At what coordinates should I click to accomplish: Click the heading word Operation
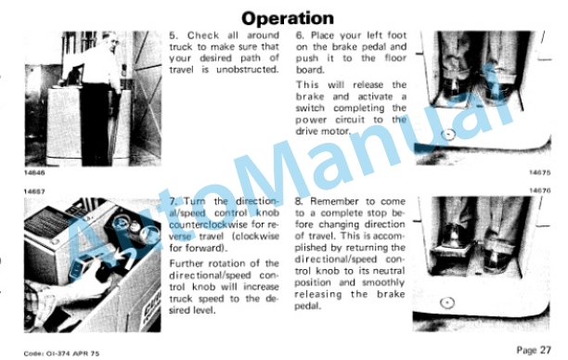tap(288, 19)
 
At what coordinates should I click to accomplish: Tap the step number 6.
tap(300, 35)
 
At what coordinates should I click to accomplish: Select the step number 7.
tap(174, 201)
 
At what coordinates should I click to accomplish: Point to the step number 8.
tap(299, 201)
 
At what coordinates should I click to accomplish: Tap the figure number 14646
tap(34, 173)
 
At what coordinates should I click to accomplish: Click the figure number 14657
tap(34, 191)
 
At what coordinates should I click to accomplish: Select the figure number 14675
tap(540, 173)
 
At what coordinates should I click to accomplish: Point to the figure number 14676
tap(540, 190)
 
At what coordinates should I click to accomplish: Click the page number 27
tap(545, 350)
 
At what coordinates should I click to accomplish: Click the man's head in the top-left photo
tap(110, 41)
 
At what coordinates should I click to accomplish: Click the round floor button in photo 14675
tap(448, 135)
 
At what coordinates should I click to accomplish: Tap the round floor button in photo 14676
tap(447, 302)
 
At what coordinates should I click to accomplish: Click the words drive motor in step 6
tap(323, 131)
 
